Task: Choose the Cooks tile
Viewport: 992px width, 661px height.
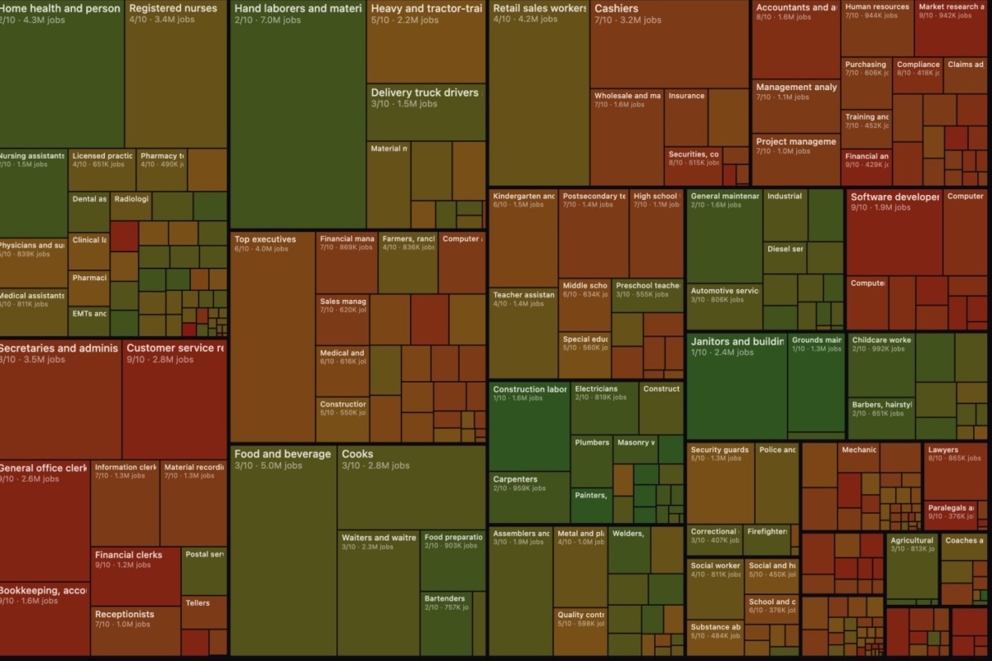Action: pos(411,487)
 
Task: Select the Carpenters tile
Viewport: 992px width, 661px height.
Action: pos(529,497)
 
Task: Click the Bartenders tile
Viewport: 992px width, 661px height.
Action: pos(452,624)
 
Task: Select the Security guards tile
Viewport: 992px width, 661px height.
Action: pos(719,484)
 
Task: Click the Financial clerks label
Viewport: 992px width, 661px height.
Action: pos(128,555)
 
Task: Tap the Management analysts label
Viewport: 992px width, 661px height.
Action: pos(796,87)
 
